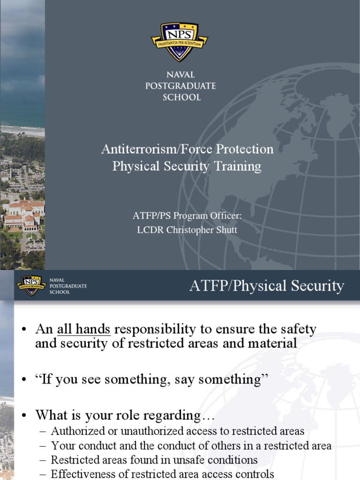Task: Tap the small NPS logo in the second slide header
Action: [x=31, y=285]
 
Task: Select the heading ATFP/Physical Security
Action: [x=266, y=285]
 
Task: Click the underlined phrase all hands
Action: [x=84, y=329]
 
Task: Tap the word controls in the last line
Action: [x=255, y=474]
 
